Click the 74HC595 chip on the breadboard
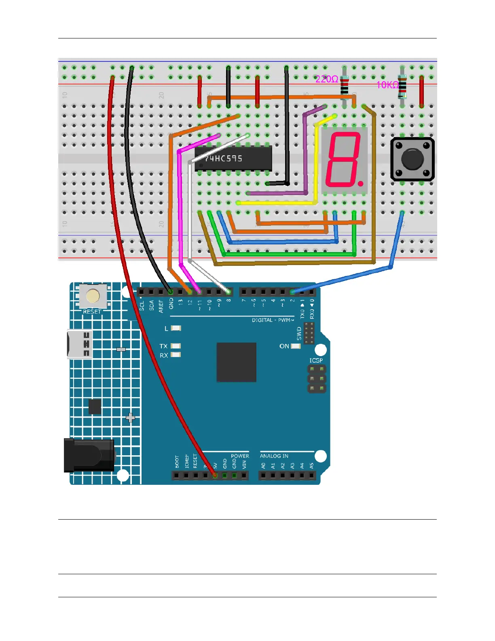[x=233, y=158]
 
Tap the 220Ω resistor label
[x=327, y=79]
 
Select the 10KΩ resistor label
[x=387, y=85]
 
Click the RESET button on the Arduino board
[x=93, y=297]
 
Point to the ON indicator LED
[x=296, y=346]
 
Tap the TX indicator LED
[x=176, y=346]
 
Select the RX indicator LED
[x=176, y=355]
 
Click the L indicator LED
[x=176, y=328]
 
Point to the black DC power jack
[x=89, y=455]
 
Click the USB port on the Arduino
[x=79, y=344]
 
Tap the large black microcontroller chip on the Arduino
[x=236, y=362]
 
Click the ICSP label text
[x=316, y=360]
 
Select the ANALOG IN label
[x=274, y=456]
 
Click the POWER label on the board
[x=240, y=456]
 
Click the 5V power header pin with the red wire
[x=215, y=475]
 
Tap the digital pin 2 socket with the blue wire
[x=292, y=291]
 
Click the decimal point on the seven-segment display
[x=360, y=184]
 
